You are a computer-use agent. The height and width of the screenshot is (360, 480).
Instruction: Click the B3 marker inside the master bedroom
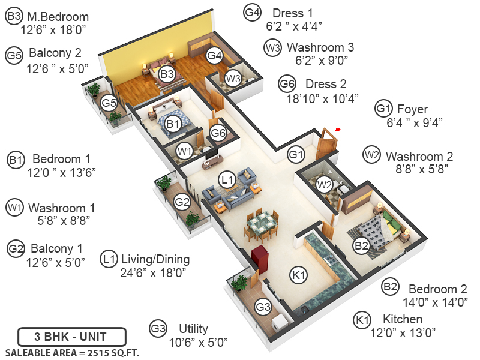click(x=167, y=74)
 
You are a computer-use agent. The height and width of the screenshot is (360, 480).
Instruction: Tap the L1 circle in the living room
click(x=226, y=179)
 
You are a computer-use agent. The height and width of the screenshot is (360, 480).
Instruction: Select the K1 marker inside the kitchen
click(x=298, y=275)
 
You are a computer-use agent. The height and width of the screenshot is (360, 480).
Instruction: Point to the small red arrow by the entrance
click(x=338, y=129)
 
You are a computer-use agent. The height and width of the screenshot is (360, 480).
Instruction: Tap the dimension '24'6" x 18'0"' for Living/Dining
click(x=154, y=272)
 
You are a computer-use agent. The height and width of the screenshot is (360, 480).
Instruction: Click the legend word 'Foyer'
click(x=412, y=109)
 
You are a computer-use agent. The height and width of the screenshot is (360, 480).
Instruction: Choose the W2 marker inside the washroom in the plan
click(x=325, y=185)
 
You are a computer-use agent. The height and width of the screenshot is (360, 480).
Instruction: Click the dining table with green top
click(x=262, y=225)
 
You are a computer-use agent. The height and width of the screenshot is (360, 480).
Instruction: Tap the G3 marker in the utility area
click(x=263, y=307)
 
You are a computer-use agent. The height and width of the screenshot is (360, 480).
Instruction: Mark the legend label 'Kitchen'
click(x=397, y=319)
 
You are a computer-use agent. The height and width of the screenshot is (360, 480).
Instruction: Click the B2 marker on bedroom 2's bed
click(x=361, y=245)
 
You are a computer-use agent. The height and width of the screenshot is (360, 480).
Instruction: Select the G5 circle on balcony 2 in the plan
click(x=109, y=103)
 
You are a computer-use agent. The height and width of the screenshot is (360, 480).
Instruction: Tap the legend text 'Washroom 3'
click(x=320, y=47)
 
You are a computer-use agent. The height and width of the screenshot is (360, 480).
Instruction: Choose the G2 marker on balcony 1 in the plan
click(x=182, y=203)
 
